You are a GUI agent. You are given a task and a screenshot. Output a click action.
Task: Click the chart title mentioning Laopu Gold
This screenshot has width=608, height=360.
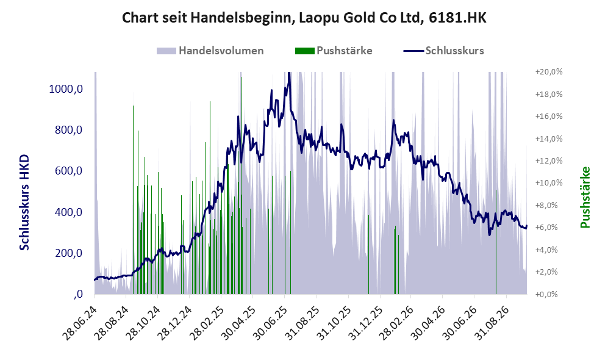(304, 18)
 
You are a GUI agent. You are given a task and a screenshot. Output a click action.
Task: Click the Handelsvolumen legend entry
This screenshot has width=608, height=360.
(210, 51)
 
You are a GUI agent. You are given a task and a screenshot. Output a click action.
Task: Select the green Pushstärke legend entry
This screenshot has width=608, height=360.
(334, 51)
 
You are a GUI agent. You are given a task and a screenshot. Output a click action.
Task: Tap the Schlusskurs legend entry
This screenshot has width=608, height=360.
(443, 51)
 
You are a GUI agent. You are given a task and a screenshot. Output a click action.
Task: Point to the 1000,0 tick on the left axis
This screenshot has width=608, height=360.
(66, 89)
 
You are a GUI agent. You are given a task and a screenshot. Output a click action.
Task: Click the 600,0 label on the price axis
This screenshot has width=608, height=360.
(69, 171)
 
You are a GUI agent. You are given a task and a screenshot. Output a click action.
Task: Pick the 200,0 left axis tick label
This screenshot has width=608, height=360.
(69, 253)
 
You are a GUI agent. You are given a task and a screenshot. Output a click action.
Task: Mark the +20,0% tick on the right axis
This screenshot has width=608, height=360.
(549, 72)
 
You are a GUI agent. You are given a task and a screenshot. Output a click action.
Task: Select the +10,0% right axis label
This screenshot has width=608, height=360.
(549, 182)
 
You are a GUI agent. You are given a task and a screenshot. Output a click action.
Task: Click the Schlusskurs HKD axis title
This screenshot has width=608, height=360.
(24, 203)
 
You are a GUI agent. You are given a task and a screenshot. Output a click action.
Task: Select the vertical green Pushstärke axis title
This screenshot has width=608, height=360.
(585, 198)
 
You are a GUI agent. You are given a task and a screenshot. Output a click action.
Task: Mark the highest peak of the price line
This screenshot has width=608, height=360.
(288, 73)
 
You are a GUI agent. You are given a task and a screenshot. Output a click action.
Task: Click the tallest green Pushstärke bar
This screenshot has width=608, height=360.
(241, 185)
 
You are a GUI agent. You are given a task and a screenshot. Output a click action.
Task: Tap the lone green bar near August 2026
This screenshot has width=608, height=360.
(496, 242)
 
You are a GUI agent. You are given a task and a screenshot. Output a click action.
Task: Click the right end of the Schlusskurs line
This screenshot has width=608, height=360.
(526, 226)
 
